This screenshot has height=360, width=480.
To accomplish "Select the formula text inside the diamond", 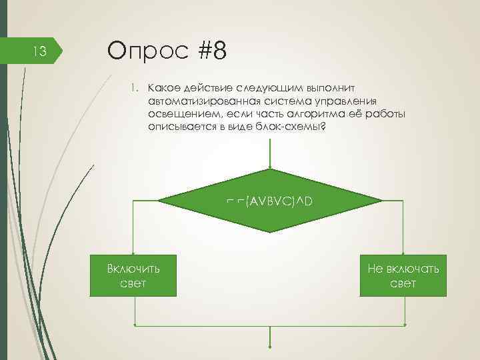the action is coord(269,200).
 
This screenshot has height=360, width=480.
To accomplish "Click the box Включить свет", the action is coord(134,275).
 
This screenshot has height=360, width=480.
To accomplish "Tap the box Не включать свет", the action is coord(403,275).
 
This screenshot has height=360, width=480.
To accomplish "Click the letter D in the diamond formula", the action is coord(308,200).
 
